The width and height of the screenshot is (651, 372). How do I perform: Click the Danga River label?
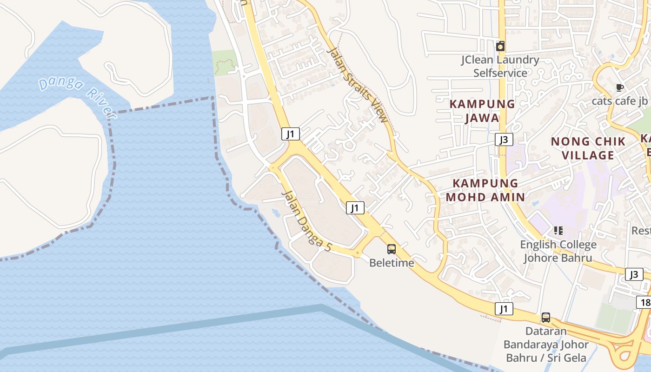click(x=77, y=97)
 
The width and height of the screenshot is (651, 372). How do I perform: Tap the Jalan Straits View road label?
click(x=357, y=86)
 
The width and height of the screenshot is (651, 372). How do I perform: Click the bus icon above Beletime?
click(x=392, y=249)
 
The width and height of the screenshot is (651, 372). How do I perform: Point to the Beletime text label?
click(x=392, y=263)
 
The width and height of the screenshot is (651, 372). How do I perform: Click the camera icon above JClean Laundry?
click(x=500, y=46)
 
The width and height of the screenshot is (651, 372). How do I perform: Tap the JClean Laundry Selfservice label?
click(x=500, y=66)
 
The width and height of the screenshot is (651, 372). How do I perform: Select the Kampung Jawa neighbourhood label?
click(x=482, y=111)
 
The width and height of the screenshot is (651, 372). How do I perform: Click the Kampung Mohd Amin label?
click(x=485, y=190)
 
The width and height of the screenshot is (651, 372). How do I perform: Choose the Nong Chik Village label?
click(x=588, y=148)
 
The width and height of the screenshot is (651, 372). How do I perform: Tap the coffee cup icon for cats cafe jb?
click(x=619, y=87)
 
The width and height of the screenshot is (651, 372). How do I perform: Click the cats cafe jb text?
click(x=619, y=101)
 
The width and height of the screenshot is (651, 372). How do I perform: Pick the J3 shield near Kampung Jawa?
click(x=504, y=139)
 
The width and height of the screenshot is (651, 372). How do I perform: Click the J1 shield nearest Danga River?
click(x=290, y=134)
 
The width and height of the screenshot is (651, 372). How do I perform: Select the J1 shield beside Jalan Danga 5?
click(x=355, y=208)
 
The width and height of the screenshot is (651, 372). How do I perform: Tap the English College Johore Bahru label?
click(x=558, y=251)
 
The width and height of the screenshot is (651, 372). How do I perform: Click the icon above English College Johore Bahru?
click(x=558, y=231)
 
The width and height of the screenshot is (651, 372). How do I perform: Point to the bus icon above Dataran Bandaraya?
click(x=546, y=318)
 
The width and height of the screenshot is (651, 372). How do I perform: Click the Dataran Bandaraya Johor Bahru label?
click(x=546, y=345)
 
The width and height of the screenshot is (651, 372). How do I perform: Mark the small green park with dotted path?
click(x=225, y=61)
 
